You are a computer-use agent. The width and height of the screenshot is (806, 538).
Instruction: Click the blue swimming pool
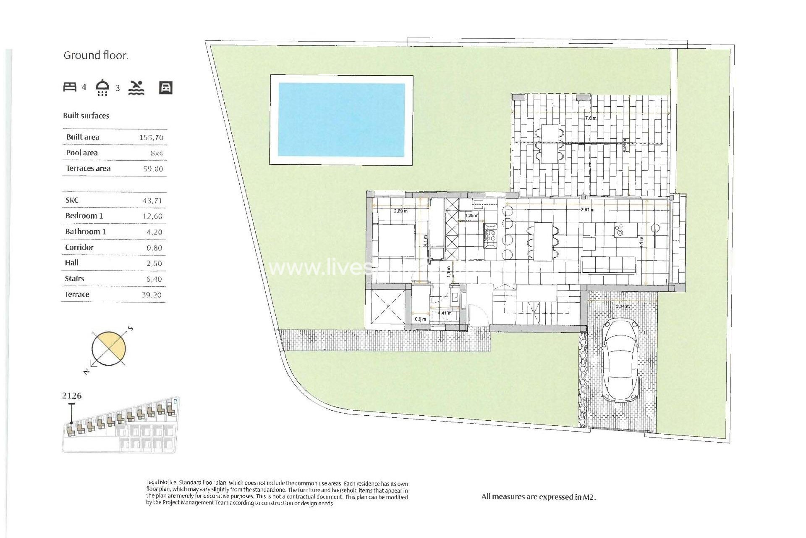341,120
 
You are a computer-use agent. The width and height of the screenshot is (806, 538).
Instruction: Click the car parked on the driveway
621,360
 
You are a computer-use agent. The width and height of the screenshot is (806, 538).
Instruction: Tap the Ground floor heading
96,55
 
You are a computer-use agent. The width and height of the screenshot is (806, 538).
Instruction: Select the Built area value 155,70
151,137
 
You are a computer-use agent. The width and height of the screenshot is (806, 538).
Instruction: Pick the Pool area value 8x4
157,153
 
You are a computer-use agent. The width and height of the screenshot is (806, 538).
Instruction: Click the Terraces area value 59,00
153,169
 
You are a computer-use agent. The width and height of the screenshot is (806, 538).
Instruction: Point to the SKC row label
72,200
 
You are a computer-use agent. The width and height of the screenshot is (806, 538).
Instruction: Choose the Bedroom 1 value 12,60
152,216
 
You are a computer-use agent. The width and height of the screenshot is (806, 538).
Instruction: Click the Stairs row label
74,279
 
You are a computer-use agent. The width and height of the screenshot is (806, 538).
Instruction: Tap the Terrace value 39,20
152,295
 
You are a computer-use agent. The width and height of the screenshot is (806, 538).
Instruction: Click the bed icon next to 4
70,87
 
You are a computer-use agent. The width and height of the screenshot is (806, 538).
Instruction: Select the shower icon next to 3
102,87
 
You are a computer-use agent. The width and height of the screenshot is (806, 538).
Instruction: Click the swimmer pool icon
136,87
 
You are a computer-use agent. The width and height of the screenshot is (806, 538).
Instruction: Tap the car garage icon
166,87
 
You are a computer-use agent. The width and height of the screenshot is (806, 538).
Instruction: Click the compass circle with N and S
109,348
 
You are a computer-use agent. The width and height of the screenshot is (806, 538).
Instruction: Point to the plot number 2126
72,396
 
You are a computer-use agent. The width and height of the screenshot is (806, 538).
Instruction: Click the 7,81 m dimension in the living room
587,209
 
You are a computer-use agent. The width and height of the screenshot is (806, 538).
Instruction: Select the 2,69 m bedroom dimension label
400,211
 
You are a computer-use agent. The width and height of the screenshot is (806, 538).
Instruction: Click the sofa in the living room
609,265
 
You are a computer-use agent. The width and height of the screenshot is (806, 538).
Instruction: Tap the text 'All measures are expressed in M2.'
539,497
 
